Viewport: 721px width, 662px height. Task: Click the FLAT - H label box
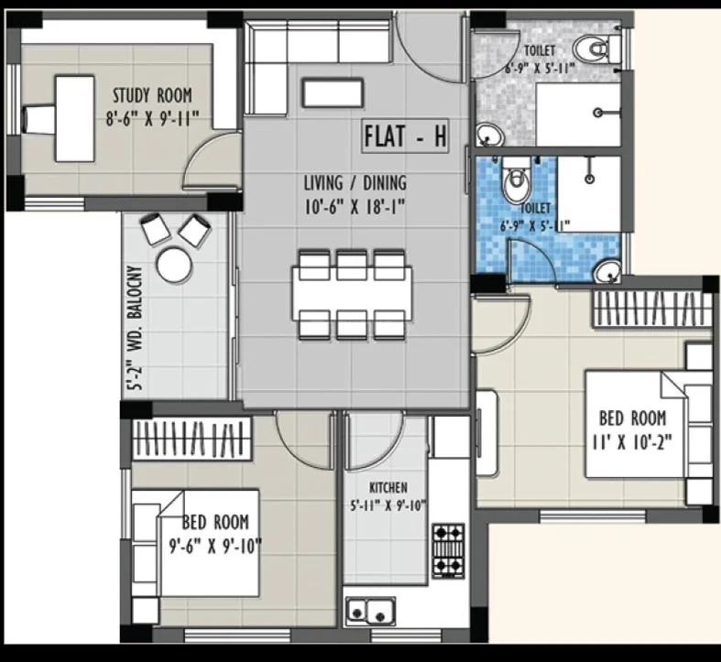click(405, 136)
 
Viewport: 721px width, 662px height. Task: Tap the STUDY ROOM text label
click(153, 95)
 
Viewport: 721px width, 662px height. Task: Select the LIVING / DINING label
click(355, 183)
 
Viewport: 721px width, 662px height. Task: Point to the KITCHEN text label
click(388, 487)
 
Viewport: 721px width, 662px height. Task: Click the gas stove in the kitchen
click(448, 550)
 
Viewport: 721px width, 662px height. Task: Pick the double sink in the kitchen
click(370, 611)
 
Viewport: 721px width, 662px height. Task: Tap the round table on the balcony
click(174, 265)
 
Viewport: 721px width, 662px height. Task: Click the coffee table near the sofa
click(333, 93)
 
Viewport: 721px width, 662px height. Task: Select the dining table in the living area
click(352, 294)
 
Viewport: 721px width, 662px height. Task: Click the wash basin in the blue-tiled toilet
click(608, 272)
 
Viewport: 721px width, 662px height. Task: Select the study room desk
click(75, 119)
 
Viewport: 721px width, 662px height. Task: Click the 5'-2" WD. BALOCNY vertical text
click(137, 328)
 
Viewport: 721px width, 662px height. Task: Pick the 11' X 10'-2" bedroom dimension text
click(632, 443)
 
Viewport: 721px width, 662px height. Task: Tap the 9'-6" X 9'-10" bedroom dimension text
click(215, 547)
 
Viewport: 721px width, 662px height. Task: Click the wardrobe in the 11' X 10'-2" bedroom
click(651, 309)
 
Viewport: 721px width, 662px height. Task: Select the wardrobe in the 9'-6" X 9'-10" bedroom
click(191, 438)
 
